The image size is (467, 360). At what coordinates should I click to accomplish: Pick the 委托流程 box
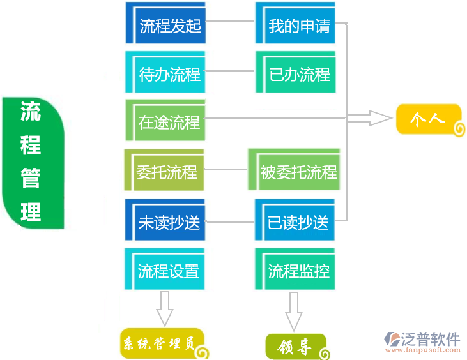point(164,170)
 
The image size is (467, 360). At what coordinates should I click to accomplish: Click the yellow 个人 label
point(428,119)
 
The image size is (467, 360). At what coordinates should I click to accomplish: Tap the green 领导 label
point(295,347)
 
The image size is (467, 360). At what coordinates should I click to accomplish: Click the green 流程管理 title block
point(32,163)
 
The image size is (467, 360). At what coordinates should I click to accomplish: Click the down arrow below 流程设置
point(165,309)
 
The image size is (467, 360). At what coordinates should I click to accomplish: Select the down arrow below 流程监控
point(293,311)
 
